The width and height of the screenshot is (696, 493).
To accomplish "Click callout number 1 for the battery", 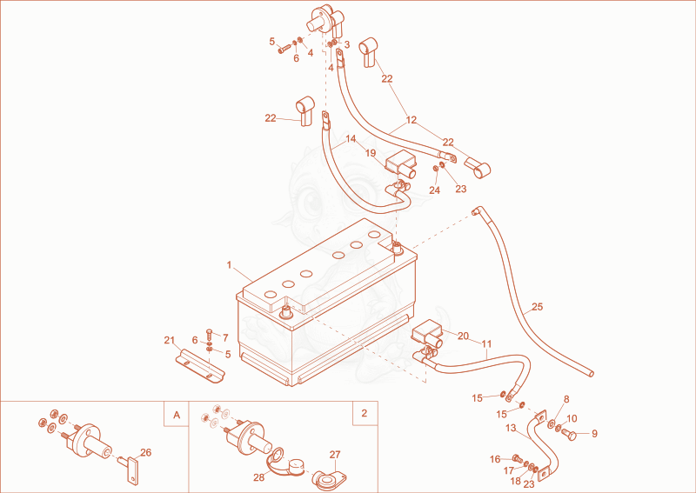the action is tap(229, 265).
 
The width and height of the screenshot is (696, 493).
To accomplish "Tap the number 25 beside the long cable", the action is tap(537, 307).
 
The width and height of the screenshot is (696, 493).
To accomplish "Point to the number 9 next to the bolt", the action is tap(595, 434).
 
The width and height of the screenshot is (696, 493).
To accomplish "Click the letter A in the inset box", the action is tap(177, 415).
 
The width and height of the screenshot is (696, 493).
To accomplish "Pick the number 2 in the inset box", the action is tap(365, 413).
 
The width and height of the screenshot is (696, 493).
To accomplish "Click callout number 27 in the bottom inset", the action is tap(335, 455).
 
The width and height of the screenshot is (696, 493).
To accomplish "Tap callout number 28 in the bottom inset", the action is tap(258, 477).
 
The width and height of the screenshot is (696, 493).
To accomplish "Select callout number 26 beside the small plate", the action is tap(145, 453).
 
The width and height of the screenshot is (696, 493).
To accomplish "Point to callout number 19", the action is tap(371, 153).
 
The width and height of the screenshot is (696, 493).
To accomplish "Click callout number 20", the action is tap(463, 336).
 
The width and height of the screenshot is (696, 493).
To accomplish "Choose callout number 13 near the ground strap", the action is tap(511, 428).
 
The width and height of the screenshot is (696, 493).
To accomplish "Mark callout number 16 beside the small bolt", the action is tap(495, 459).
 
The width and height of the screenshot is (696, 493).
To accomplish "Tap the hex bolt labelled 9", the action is tap(570, 435).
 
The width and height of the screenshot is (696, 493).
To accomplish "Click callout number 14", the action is tap(351, 139).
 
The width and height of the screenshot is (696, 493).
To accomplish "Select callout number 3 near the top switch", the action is tap(347, 45).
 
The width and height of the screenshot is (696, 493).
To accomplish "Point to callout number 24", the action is tap(434, 190).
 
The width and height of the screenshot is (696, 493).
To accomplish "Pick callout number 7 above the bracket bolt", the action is tap(225, 338).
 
